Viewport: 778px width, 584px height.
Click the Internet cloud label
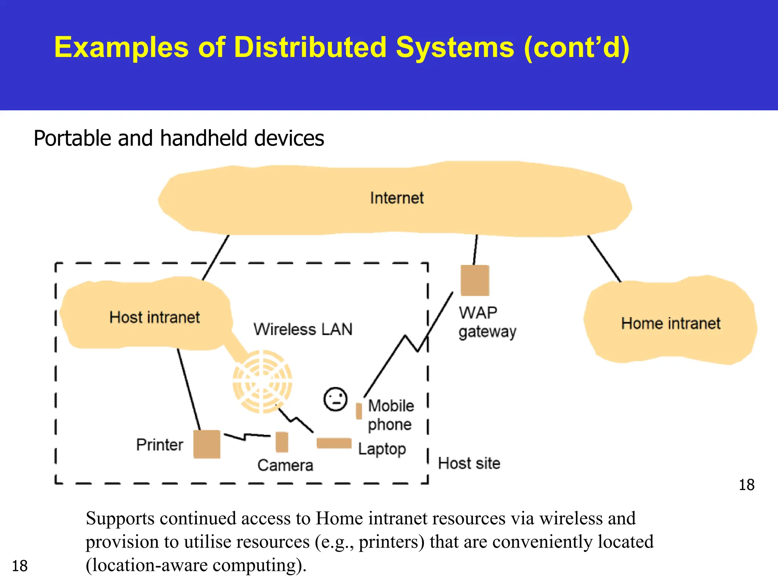pyautogui.click(x=397, y=198)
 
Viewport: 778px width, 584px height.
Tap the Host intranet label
pyautogui.click(x=154, y=317)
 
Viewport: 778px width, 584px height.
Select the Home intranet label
pyautogui.click(x=670, y=323)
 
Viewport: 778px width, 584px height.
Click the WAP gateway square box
pyautogui.click(x=474, y=281)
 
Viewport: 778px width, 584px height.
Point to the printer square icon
pyautogui.click(x=207, y=444)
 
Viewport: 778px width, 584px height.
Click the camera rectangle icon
pyautogui.click(x=281, y=442)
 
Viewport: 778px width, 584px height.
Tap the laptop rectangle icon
pyautogui.click(x=334, y=443)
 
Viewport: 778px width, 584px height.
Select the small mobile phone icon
pyautogui.click(x=359, y=411)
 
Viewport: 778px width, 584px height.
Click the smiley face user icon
pyautogui.click(x=335, y=399)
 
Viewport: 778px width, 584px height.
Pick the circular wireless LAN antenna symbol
pyautogui.click(x=262, y=381)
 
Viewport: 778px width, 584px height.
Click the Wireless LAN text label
pyautogui.click(x=303, y=329)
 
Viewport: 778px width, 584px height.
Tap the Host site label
pyautogui.click(x=469, y=463)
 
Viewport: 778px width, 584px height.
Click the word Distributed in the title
pyautogui.click(x=310, y=47)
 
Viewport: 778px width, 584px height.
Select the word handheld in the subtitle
pyautogui.click(x=204, y=138)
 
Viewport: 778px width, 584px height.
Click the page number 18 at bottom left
pyautogui.click(x=20, y=566)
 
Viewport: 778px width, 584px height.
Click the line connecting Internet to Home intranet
pyautogui.click(x=604, y=259)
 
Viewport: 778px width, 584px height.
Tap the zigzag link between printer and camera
pyautogui.click(x=247, y=436)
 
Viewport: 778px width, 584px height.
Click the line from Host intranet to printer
pyautogui.click(x=189, y=390)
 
